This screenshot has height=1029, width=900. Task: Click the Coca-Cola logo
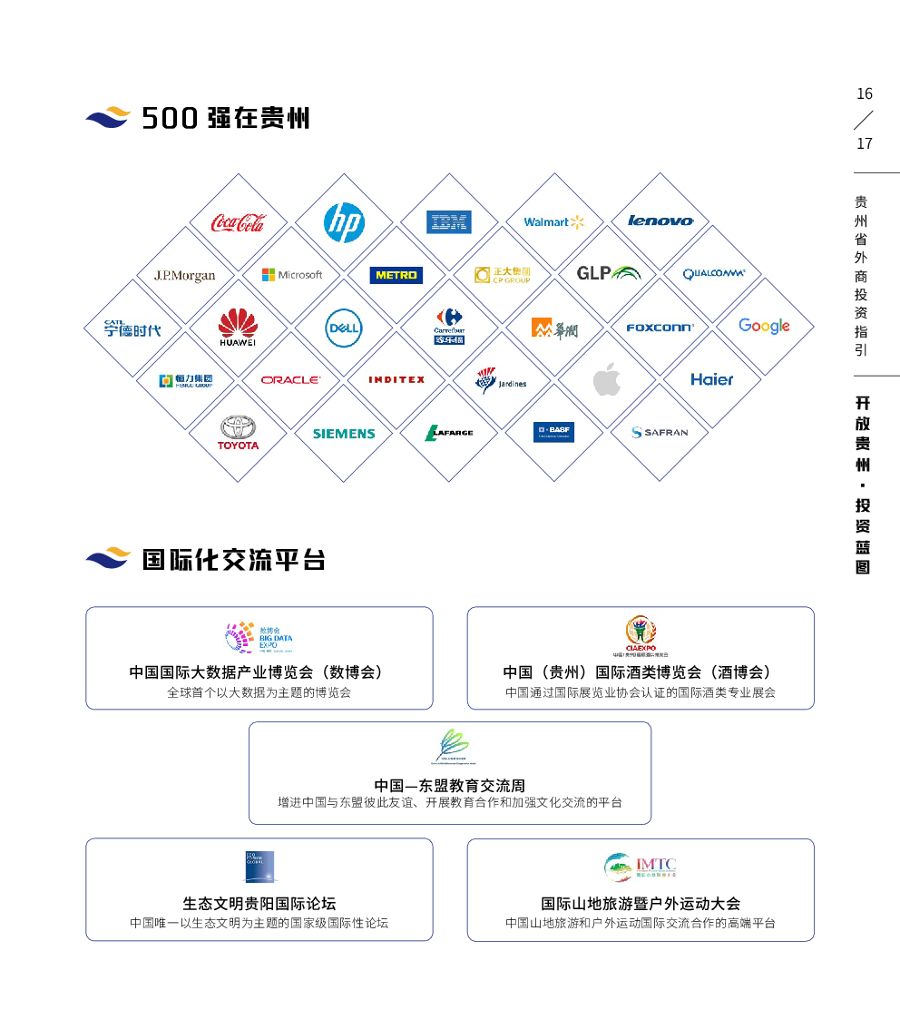point(238,222)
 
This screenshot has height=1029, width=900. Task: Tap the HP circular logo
point(343,222)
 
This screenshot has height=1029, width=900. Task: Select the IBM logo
point(449,222)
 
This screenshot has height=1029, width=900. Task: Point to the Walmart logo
point(553,221)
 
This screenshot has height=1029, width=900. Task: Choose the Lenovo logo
point(660,220)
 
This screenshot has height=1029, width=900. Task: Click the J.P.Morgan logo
point(185,275)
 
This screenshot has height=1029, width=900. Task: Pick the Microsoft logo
point(292,274)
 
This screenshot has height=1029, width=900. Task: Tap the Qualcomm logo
point(714,273)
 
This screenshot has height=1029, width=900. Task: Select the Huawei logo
point(238,328)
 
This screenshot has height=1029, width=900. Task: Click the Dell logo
point(344,328)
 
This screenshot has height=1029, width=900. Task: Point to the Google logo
point(764,326)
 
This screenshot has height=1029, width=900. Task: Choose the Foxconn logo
point(660,327)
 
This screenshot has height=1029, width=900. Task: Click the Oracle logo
point(290,379)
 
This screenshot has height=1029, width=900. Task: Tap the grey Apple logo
point(606,380)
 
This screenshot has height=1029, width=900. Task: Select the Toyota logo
point(238,432)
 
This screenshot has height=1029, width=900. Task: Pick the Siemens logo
point(344,434)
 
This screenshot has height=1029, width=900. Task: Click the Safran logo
point(660,432)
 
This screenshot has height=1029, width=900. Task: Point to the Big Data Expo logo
point(259,637)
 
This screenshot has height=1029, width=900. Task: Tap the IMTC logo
point(641,867)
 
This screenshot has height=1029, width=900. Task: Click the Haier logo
point(711,379)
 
